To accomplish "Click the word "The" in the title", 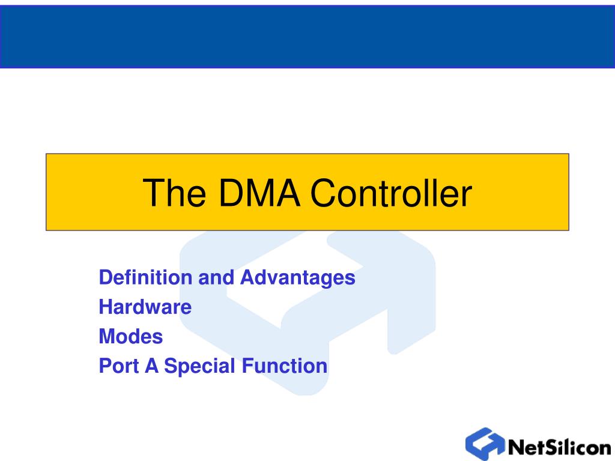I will click(x=174, y=193).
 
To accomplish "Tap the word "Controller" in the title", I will click(x=391, y=193).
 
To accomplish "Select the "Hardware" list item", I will click(x=145, y=307).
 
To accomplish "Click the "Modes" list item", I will click(x=131, y=336).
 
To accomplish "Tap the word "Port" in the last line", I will click(x=118, y=366).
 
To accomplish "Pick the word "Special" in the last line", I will click(x=201, y=366).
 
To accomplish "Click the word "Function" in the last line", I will click(x=285, y=366).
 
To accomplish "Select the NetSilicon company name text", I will click(x=559, y=447).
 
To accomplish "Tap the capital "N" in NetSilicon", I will click(x=517, y=447).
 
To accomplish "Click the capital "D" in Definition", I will click(x=105, y=277).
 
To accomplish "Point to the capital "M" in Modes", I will click(x=106, y=336).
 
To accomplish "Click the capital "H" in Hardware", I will click(x=105, y=307).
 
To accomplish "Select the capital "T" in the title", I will click(x=153, y=193).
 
